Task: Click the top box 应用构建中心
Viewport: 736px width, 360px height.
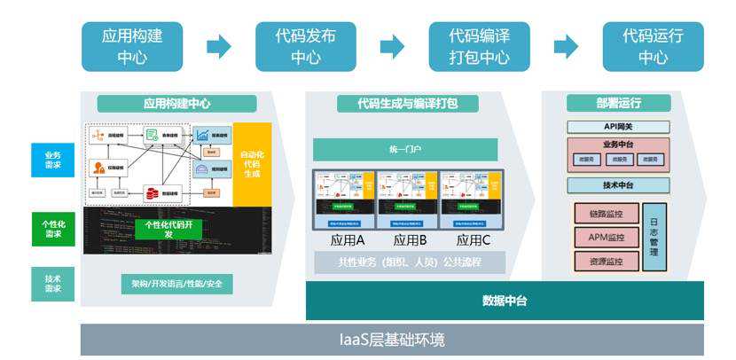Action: coord(132,47)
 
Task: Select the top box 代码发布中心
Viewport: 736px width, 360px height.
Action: coord(305,47)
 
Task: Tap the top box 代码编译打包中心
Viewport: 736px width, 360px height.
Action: coord(480,47)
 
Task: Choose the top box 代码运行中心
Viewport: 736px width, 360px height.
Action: coord(653,47)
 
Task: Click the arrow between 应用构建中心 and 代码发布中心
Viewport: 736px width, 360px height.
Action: coord(219,47)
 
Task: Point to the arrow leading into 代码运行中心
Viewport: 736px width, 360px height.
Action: coord(566,47)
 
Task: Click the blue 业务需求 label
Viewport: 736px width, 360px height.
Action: coord(52,160)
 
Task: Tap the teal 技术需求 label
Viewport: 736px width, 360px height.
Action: coord(52,284)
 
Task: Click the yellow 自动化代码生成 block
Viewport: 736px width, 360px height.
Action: coord(252,163)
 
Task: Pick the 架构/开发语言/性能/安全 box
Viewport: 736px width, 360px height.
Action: coord(177,284)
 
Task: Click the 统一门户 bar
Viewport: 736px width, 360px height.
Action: coord(405,149)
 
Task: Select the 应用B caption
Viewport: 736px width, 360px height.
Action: coord(409,240)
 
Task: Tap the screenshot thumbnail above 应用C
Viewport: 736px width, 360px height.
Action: coord(472,200)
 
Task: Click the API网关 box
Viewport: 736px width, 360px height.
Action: coord(618,127)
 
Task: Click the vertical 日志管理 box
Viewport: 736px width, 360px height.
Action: coord(654,237)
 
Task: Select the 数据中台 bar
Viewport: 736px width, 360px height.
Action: coord(505,301)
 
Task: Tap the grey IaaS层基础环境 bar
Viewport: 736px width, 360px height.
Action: coord(392,340)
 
